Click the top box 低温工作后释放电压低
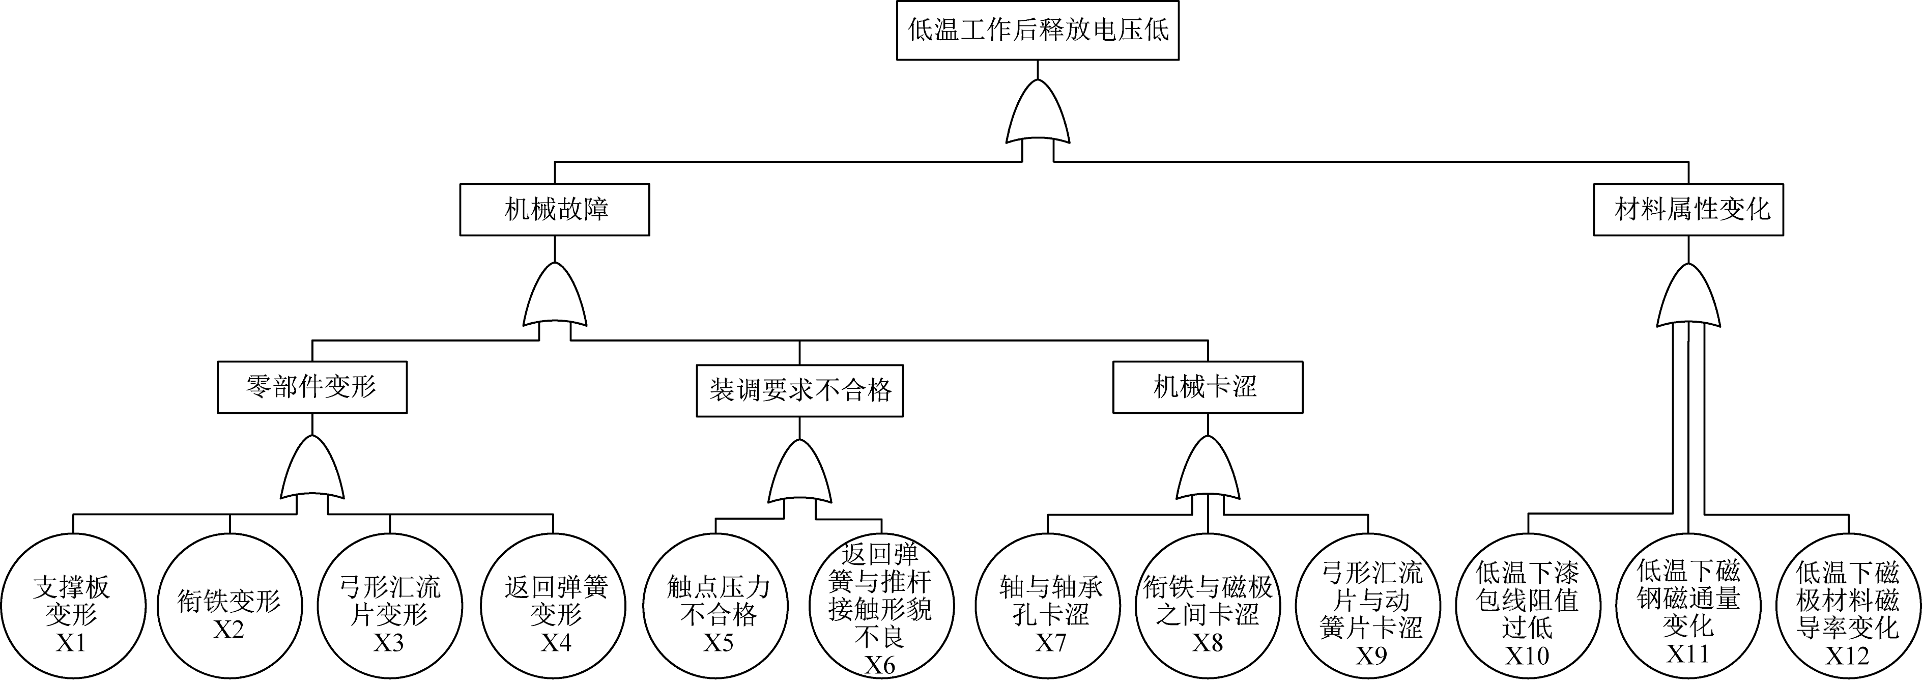pyautogui.click(x=1037, y=31)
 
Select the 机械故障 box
pyautogui.click(x=554, y=210)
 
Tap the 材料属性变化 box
pyautogui.click(x=1688, y=210)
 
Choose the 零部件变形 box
pyautogui.click(x=312, y=387)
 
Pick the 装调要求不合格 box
pyautogui.click(x=799, y=390)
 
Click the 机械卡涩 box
pyautogui.click(x=1207, y=387)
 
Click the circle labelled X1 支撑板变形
pyautogui.click(x=72, y=606)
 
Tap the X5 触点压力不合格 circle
pyautogui.click(x=716, y=606)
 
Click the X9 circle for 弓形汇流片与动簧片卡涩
pyautogui.click(x=1370, y=606)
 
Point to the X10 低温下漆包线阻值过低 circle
pyautogui.click(x=1527, y=606)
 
